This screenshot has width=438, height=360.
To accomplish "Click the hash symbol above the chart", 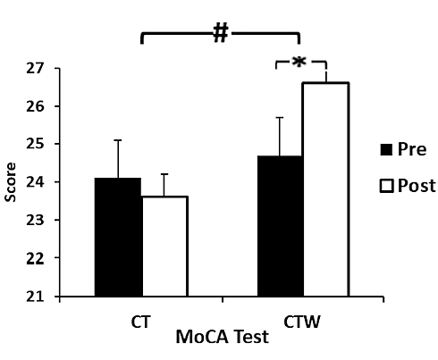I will coord(220,33).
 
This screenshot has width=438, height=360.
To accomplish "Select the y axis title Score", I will coord(12,182).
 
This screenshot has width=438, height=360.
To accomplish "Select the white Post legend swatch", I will coord(386,186).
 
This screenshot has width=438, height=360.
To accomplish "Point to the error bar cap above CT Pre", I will coord(117,140).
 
